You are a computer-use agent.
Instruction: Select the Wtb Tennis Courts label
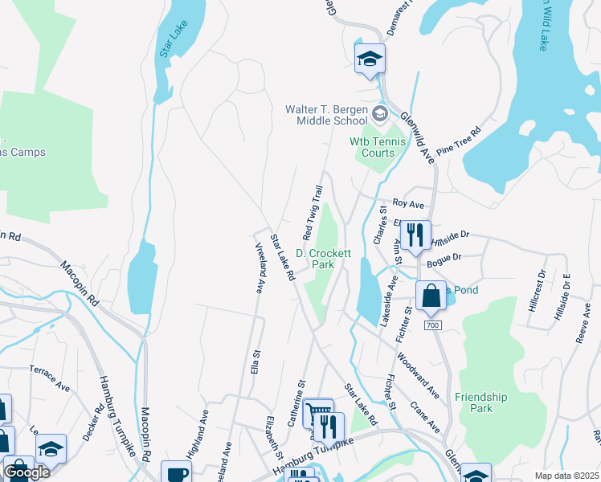(x=372, y=147)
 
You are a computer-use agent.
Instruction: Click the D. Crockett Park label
(x=324, y=258)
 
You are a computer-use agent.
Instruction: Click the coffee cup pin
(x=177, y=473)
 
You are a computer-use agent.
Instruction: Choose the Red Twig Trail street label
(x=313, y=213)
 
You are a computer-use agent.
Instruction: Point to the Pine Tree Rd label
(x=459, y=143)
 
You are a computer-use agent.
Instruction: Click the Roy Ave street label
(x=407, y=205)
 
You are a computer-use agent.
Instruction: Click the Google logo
(x=27, y=472)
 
